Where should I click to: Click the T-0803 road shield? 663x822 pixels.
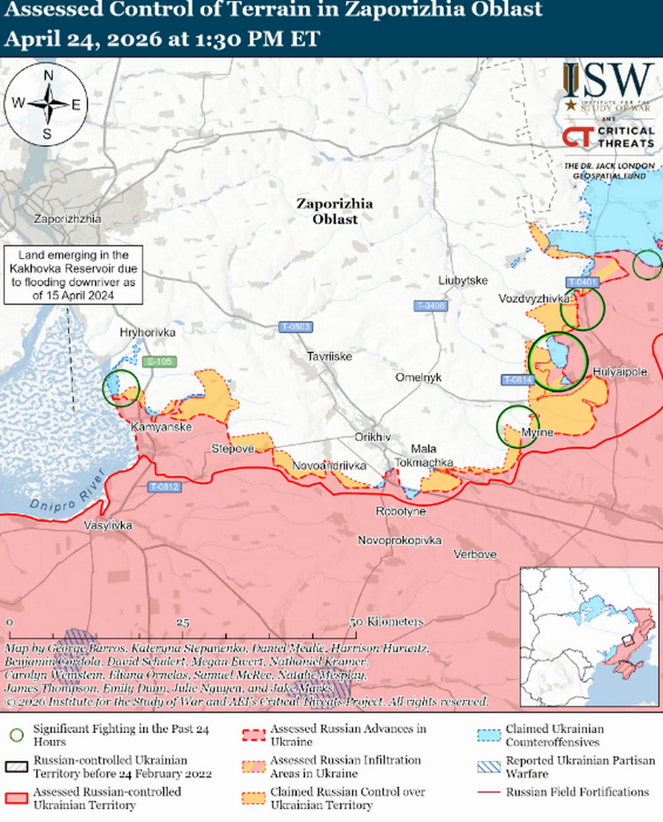pyautogui.click(x=295, y=327)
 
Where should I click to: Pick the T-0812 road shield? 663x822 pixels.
pyautogui.click(x=164, y=487)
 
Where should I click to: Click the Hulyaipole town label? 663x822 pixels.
pyautogui.click(x=621, y=372)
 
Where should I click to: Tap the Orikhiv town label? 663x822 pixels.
pyautogui.click(x=372, y=436)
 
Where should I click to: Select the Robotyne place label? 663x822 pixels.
pyautogui.click(x=401, y=511)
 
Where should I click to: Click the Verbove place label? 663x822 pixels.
pyautogui.click(x=475, y=554)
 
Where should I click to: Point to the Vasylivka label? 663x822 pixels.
pyautogui.click(x=108, y=525)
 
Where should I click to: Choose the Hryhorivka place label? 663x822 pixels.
pyautogui.click(x=147, y=332)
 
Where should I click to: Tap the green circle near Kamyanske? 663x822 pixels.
pyautogui.click(x=121, y=388)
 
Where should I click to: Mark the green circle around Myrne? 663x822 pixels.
pyautogui.click(x=518, y=426)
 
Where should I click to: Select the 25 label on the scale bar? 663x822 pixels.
pyautogui.click(x=182, y=622)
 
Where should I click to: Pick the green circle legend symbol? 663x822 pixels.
pyautogui.click(x=17, y=735)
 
